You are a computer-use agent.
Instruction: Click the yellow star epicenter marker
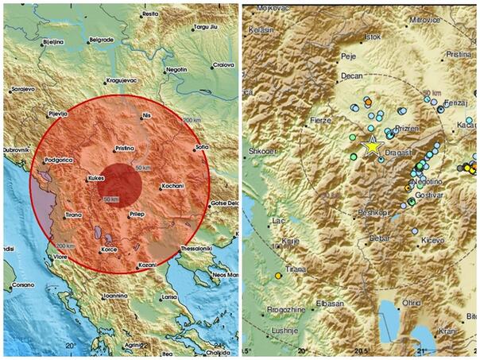pos(371,145)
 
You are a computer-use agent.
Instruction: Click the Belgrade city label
pos(101,39)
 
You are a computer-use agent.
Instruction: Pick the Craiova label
pos(223,64)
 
